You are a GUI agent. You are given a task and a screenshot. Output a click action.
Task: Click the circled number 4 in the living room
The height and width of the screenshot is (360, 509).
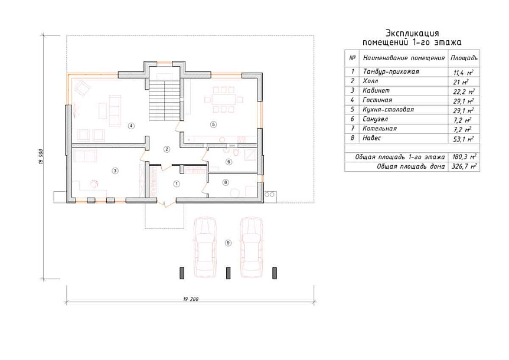(x=131, y=126)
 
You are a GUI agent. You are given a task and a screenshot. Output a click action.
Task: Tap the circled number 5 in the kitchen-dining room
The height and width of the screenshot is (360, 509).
(x=213, y=124)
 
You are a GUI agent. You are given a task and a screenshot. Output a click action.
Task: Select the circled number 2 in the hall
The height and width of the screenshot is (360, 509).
(x=167, y=149)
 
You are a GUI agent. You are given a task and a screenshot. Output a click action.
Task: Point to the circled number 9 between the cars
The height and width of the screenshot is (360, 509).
(x=228, y=243)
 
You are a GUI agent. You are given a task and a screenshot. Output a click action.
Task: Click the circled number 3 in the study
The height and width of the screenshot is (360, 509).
(x=115, y=171)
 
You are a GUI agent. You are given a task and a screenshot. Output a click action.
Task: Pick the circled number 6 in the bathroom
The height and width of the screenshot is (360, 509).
(x=229, y=162)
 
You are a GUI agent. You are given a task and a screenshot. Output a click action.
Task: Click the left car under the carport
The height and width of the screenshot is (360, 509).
(x=205, y=248)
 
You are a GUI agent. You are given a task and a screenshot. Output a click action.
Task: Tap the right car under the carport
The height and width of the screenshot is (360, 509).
(x=252, y=248)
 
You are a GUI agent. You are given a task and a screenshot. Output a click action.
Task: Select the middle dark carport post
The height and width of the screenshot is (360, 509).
(x=228, y=273)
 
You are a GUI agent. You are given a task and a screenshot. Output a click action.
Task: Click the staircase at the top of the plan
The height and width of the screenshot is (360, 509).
(x=165, y=100)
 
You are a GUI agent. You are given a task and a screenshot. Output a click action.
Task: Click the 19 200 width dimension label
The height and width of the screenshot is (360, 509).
(x=191, y=299)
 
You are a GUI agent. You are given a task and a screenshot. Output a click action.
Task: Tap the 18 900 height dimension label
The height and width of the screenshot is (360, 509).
(x=41, y=157)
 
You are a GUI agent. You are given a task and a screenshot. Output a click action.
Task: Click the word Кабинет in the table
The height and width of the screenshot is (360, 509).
(x=376, y=90)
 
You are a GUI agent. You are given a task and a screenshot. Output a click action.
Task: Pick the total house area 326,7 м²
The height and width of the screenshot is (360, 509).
(x=464, y=166)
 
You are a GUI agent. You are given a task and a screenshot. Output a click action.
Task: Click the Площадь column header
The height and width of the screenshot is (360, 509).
(x=464, y=58)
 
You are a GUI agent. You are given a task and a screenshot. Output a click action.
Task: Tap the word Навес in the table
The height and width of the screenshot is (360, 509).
(x=371, y=138)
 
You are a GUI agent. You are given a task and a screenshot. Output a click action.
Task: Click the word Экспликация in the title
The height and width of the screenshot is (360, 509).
(x=412, y=33)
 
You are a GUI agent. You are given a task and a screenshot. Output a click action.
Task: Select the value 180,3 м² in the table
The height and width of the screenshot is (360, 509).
(x=465, y=158)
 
